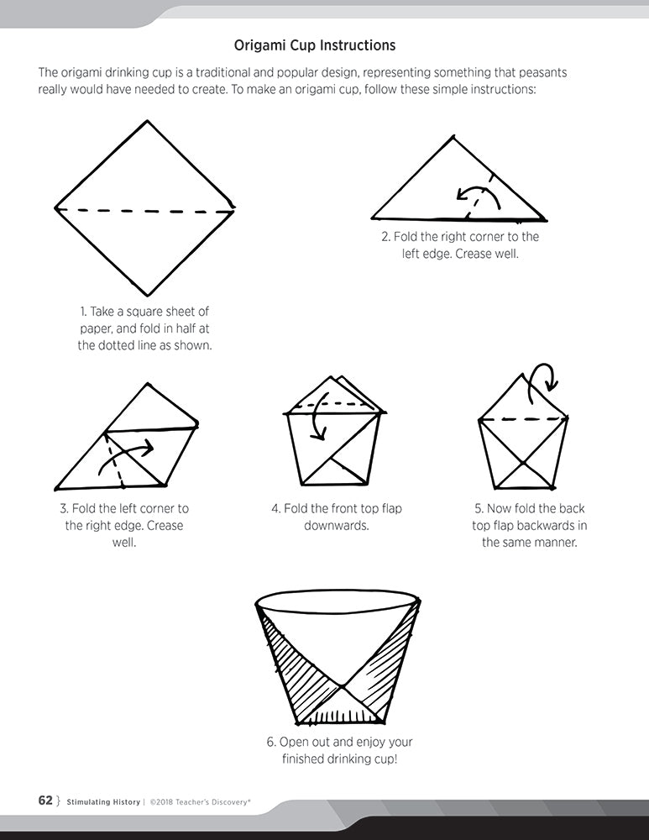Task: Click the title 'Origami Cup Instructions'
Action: click(315, 45)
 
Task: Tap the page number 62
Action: click(45, 801)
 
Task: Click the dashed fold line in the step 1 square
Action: click(145, 211)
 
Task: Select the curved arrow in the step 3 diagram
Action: click(127, 454)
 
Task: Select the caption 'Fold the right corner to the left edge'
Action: click(460, 244)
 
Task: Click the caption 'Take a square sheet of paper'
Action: click(144, 320)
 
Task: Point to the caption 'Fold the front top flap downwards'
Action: click(337, 517)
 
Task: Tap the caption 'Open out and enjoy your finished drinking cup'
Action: click(339, 750)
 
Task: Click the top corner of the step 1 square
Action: click(147, 121)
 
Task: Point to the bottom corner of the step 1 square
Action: click(148, 295)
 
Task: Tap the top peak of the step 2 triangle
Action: click(454, 136)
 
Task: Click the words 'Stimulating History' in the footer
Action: click(103, 802)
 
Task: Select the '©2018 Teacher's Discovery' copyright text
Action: click(201, 802)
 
